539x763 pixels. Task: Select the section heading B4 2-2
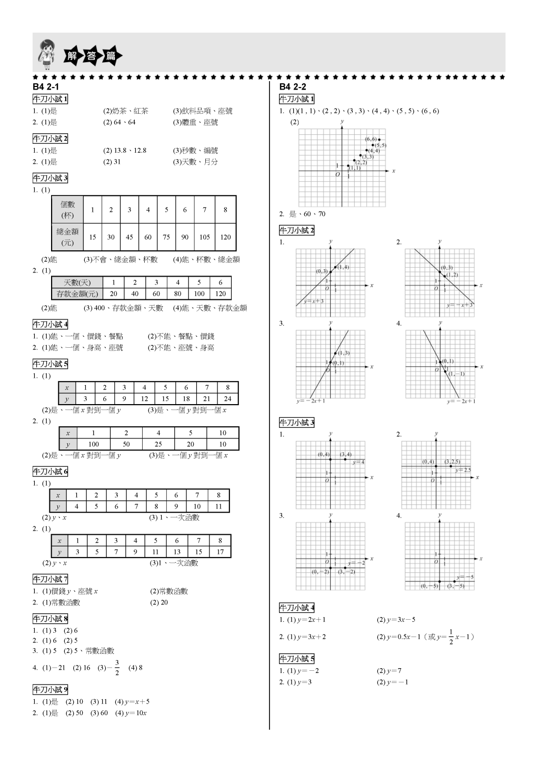(x=293, y=87)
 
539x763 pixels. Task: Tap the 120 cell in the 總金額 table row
(x=225, y=237)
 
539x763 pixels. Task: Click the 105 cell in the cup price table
(x=205, y=237)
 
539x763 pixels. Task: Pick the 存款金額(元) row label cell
(x=77, y=294)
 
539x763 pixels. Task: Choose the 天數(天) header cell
(x=77, y=282)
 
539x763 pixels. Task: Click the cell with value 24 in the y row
(x=227, y=399)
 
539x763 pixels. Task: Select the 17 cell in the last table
(x=220, y=552)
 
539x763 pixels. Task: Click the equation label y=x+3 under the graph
(x=314, y=301)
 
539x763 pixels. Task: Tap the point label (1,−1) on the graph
(x=456, y=374)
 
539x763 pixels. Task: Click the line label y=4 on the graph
(x=358, y=462)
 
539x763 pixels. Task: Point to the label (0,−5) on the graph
(x=430, y=586)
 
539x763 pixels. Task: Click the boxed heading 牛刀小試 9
(x=51, y=690)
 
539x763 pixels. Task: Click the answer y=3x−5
(x=396, y=620)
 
